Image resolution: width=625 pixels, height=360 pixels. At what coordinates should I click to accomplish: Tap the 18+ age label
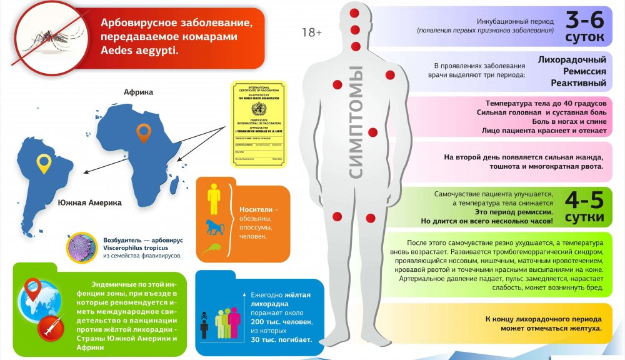[311, 32]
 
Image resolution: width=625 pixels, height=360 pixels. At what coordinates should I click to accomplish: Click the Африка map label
[138, 92]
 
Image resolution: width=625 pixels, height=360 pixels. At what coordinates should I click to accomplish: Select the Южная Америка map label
[89, 203]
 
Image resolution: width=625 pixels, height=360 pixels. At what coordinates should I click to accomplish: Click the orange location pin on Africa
[144, 132]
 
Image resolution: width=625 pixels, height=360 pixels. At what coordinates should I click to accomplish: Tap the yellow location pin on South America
[43, 162]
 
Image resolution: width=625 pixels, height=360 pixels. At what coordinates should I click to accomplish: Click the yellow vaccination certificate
[258, 124]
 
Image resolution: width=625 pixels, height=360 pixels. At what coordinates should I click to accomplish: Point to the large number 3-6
[584, 21]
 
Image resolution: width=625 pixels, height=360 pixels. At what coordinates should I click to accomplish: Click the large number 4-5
[584, 201]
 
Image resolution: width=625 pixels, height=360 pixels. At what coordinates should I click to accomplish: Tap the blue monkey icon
[214, 226]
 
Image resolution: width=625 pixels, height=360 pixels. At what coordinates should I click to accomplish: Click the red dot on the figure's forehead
[354, 13]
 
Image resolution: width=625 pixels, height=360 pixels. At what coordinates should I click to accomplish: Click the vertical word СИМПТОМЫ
[356, 122]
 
